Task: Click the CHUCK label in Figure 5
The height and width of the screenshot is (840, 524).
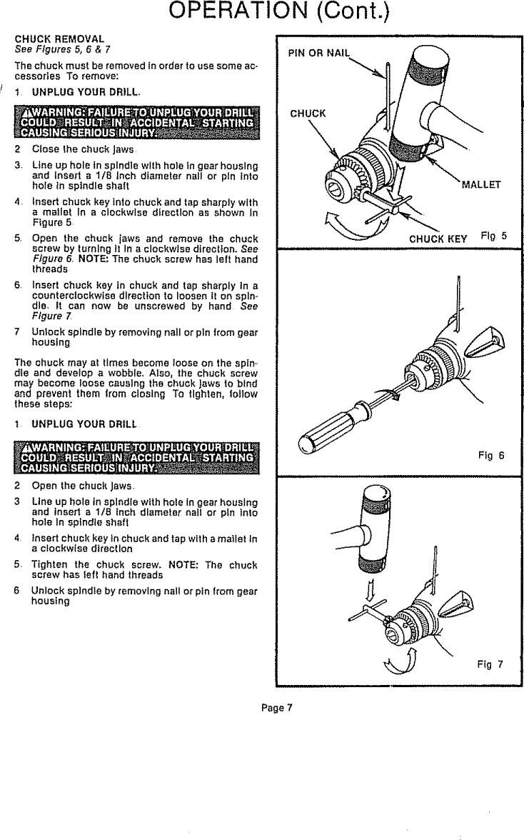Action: [308, 113]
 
